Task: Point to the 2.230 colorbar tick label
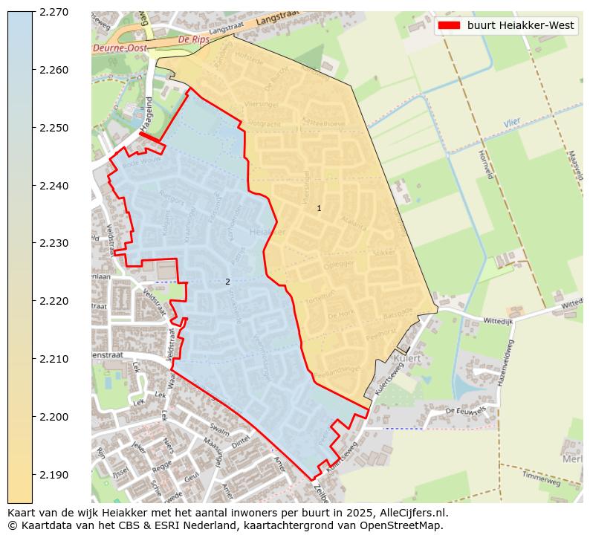tap(54, 243)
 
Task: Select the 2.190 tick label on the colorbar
tap(54, 474)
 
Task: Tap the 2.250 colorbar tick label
tap(54, 128)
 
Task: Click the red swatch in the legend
tap(449, 25)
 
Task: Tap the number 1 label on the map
tap(320, 208)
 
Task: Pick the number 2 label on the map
tap(227, 282)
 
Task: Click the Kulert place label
tap(408, 358)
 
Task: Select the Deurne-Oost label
tap(118, 49)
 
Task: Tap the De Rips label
tap(194, 39)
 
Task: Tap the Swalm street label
tap(219, 430)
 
